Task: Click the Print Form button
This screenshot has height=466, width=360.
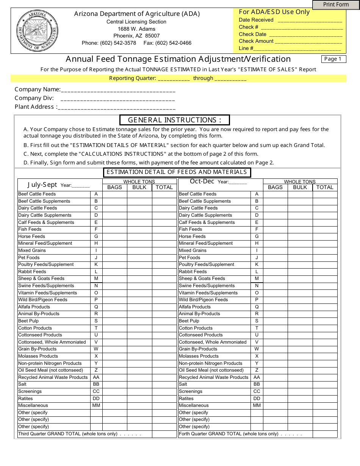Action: [336, 5]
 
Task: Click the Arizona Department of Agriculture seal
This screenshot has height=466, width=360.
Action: [38, 31]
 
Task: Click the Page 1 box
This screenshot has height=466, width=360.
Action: [333, 59]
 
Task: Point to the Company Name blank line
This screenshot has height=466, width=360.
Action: [118, 91]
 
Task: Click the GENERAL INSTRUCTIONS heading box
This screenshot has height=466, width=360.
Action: [175, 120]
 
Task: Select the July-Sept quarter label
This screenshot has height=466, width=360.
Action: [42, 185]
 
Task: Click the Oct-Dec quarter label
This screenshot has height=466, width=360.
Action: [202, 181]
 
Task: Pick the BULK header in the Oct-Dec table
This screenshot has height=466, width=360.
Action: [300, 187]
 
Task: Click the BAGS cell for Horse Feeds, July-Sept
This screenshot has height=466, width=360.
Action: [114, 236]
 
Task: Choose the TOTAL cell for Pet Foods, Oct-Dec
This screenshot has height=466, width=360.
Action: [325, 258]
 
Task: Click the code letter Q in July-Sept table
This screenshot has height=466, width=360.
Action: [96, 307]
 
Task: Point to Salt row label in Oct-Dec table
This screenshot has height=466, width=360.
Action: [183, 384]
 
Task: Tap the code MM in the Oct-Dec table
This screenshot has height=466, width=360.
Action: [257, 405]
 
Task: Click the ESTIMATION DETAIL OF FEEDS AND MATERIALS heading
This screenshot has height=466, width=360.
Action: [177, 172]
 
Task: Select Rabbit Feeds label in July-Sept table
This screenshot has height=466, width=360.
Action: [32, 272]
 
